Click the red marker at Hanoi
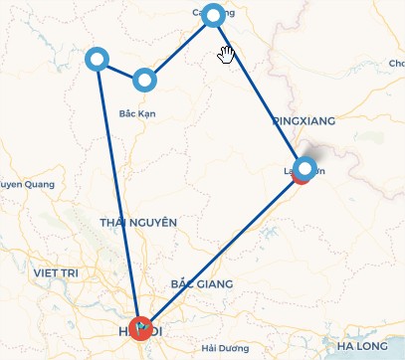(x=141, y=327)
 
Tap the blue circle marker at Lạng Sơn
(x=305, y=167)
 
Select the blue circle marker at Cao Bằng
(x=213, y=15)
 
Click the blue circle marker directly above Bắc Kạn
(x=145, y=79)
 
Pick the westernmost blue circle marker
(x=97, y=60)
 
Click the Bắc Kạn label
(x=136, y=113)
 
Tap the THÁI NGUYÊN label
(x=138, y=222)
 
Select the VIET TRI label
(x=56, y=271)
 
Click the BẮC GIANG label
(x=201, y=284)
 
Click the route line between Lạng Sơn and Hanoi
(x=224, y=247)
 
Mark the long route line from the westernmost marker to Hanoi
(x=118, y=193)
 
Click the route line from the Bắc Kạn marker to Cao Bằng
(x=179, y=47)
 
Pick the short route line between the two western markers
(x=120, y=69)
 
